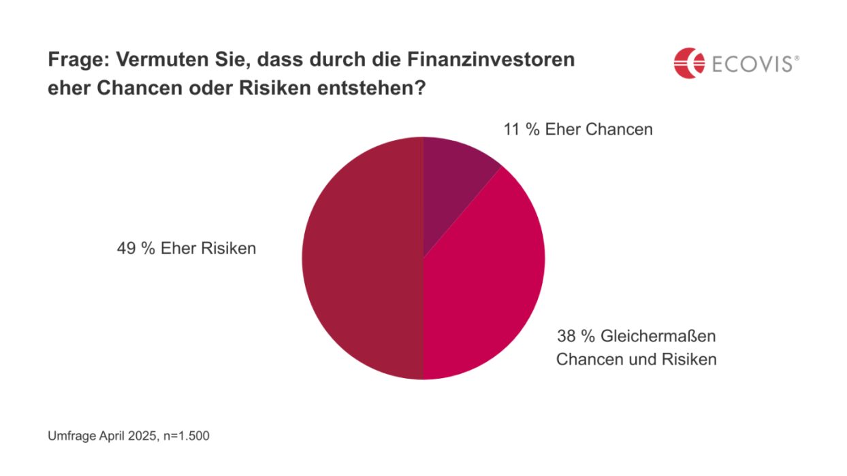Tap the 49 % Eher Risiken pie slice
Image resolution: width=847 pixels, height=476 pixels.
click(361, 258)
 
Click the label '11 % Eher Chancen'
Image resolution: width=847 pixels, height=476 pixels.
click(577, 129)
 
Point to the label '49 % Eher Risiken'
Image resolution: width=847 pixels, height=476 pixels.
click(187, 248)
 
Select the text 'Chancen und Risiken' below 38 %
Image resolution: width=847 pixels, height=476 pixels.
click(636, 359)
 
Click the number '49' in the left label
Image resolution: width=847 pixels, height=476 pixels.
click(127, 248)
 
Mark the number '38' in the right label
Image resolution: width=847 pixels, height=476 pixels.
click(566, 337)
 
